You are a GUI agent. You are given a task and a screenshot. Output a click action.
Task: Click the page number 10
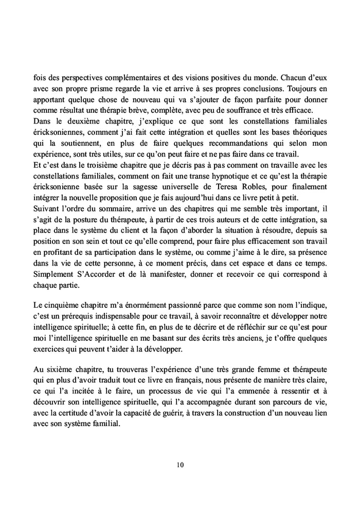(180, 465)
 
